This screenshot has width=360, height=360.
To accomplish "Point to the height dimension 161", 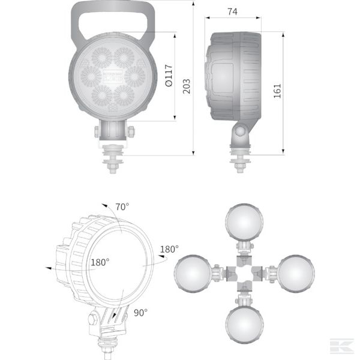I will pyautogui.click(x=277, y=90).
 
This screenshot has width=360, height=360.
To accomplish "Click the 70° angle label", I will pyautogui.click(x=122, y=207).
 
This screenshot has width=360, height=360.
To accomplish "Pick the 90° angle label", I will pyautogui.click(x=140, y=312).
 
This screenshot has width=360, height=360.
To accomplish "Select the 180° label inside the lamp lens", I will pyautogui.click(x=100, y=262).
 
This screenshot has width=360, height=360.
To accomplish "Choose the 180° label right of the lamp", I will pyautogui.click(x=169, y=249).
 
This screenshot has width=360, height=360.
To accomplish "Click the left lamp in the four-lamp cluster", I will pyautogui.click(x=191, y=273).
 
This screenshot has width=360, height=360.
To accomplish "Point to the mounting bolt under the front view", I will pyautogui.click(x=112, y=161).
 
